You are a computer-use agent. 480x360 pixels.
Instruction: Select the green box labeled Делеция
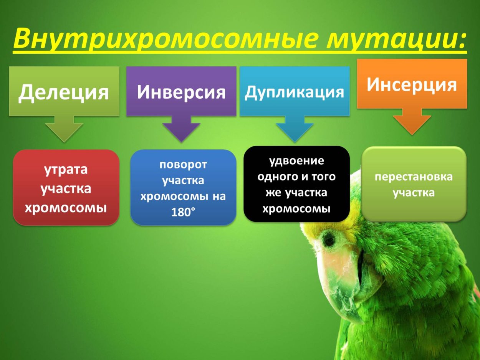tap(64, 91)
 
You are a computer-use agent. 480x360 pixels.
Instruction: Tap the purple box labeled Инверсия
tap(181, 91)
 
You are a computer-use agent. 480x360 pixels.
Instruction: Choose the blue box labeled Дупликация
tap(295, 91)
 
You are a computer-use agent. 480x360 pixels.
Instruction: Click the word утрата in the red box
tap(66, 169)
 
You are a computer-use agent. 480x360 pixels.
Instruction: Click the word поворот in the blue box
tap(183, 165)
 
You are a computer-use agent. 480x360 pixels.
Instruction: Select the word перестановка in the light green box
tap(414, 177)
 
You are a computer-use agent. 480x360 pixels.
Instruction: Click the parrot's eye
tap(328, 239)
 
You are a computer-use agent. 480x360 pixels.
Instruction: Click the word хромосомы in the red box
tap(66, 207)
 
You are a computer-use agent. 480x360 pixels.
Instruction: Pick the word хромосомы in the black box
tap(296, 209)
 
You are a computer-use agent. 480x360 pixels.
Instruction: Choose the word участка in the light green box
tap(414, 193)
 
